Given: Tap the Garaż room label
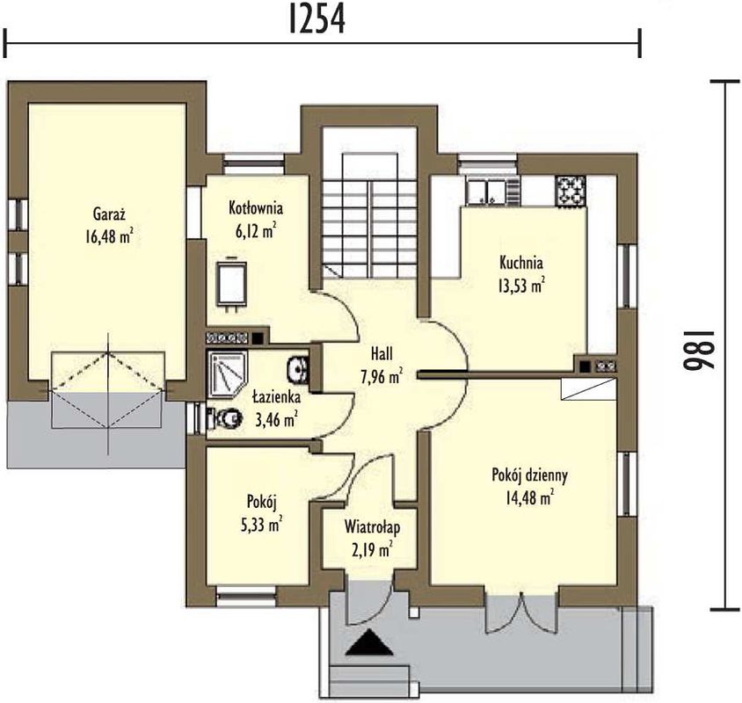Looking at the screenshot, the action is coord(109,214).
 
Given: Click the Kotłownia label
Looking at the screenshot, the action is coord(256,207).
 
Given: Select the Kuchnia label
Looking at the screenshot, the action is coord(521,263).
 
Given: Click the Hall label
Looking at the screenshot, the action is coord(382,354).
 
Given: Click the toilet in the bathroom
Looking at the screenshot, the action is coord(224,417).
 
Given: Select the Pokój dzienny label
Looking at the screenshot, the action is coord(529,475).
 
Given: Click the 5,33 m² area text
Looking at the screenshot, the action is coord(262,525).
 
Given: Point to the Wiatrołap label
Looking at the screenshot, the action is coord(372,527).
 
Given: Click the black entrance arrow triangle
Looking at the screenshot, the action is coord(369,642).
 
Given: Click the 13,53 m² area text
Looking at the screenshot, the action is coord(521,286).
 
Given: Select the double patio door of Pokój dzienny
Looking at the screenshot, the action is coord(522,610).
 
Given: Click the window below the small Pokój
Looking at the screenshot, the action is coord(246,596).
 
